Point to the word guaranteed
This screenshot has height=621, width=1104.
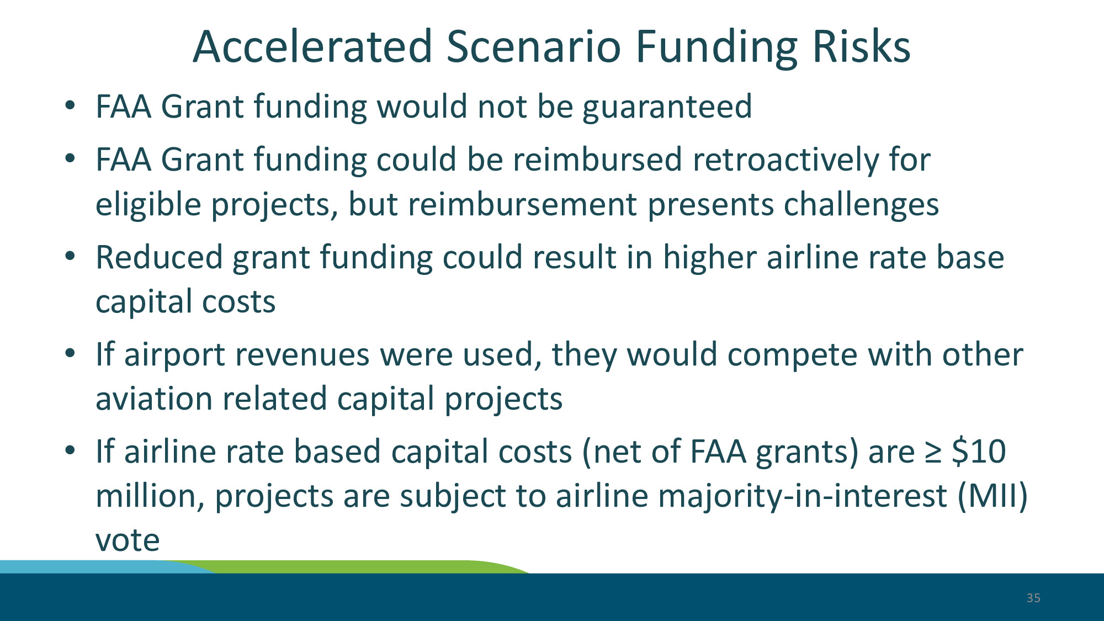point(667,108)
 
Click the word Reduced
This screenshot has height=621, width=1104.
point(159,257)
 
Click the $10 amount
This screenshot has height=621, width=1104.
point(979,452)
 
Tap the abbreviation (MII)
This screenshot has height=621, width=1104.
point(992,496)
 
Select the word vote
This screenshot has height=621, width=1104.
point(128,540)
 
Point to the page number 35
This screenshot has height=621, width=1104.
point(1033,598)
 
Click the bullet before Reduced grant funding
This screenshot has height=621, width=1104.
point(70,257)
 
